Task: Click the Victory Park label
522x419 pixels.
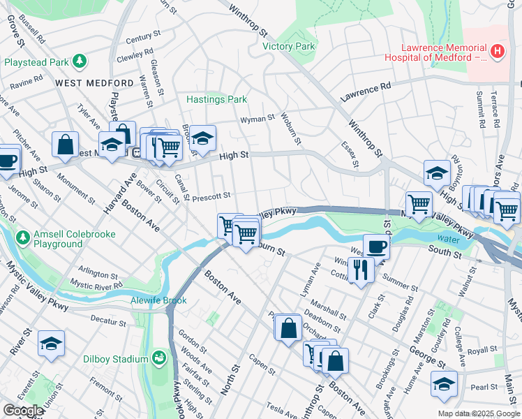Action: click(x=289, y=47)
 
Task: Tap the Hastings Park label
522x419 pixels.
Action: click(x=216, y=100)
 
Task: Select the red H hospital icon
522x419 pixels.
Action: click(x=497, y=50)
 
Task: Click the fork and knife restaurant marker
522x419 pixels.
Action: click(x=360, y=269)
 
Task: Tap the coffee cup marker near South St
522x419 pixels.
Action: click(x=376, y=247)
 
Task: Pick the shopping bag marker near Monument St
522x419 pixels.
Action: click(x=65, y=145)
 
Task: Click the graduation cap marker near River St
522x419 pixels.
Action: click(x=52, y=344)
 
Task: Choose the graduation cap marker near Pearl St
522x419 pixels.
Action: click(x=445, y=384)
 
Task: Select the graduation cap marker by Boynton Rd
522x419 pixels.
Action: click(x=437, y=172)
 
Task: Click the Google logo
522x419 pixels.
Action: click(x=23, y=411)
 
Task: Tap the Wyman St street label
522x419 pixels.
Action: click(x=257, y=119)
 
